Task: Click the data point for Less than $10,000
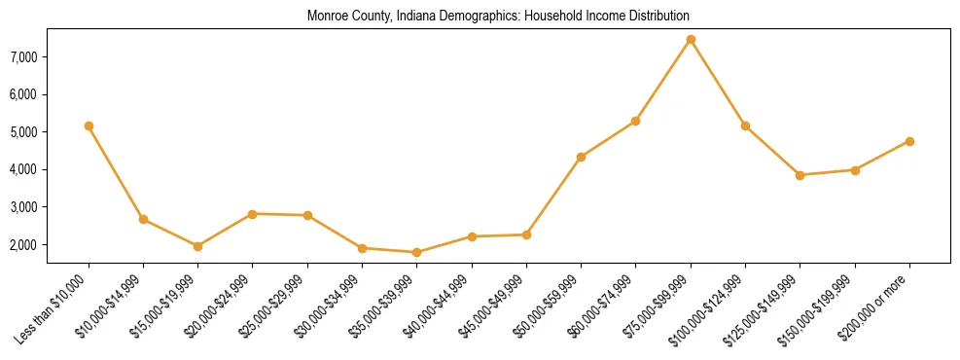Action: (x=89, y=126)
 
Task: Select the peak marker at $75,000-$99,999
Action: (x=691, y=40)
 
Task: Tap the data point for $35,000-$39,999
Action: (x=416, y=252)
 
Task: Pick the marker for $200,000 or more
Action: (x=909, y=141)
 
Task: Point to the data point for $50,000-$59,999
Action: (x=581, y=157)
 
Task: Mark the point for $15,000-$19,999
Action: (x=197, y=246)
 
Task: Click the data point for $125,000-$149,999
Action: (x=800, y=175)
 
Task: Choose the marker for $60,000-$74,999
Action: (x=635, y=121)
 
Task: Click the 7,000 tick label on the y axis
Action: (x=22, y=57)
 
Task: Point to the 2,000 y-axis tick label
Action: (x=22, y=244)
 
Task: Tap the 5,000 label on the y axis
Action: (x=22, y=132)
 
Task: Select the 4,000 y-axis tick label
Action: (x=22, y=169)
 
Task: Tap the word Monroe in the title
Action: (x=326, y=17)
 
